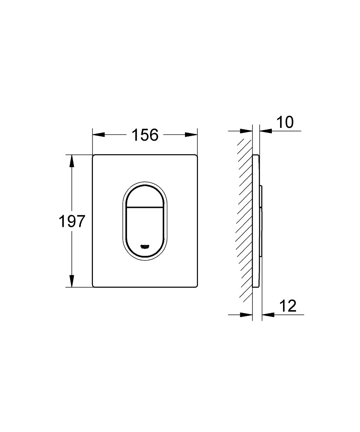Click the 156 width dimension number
(145, 135)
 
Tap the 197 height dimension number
(72, 222)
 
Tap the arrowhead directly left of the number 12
(267, 314)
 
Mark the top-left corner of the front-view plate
(93, 155)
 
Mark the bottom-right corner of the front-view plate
(197, 286)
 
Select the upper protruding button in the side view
(261, 197)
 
